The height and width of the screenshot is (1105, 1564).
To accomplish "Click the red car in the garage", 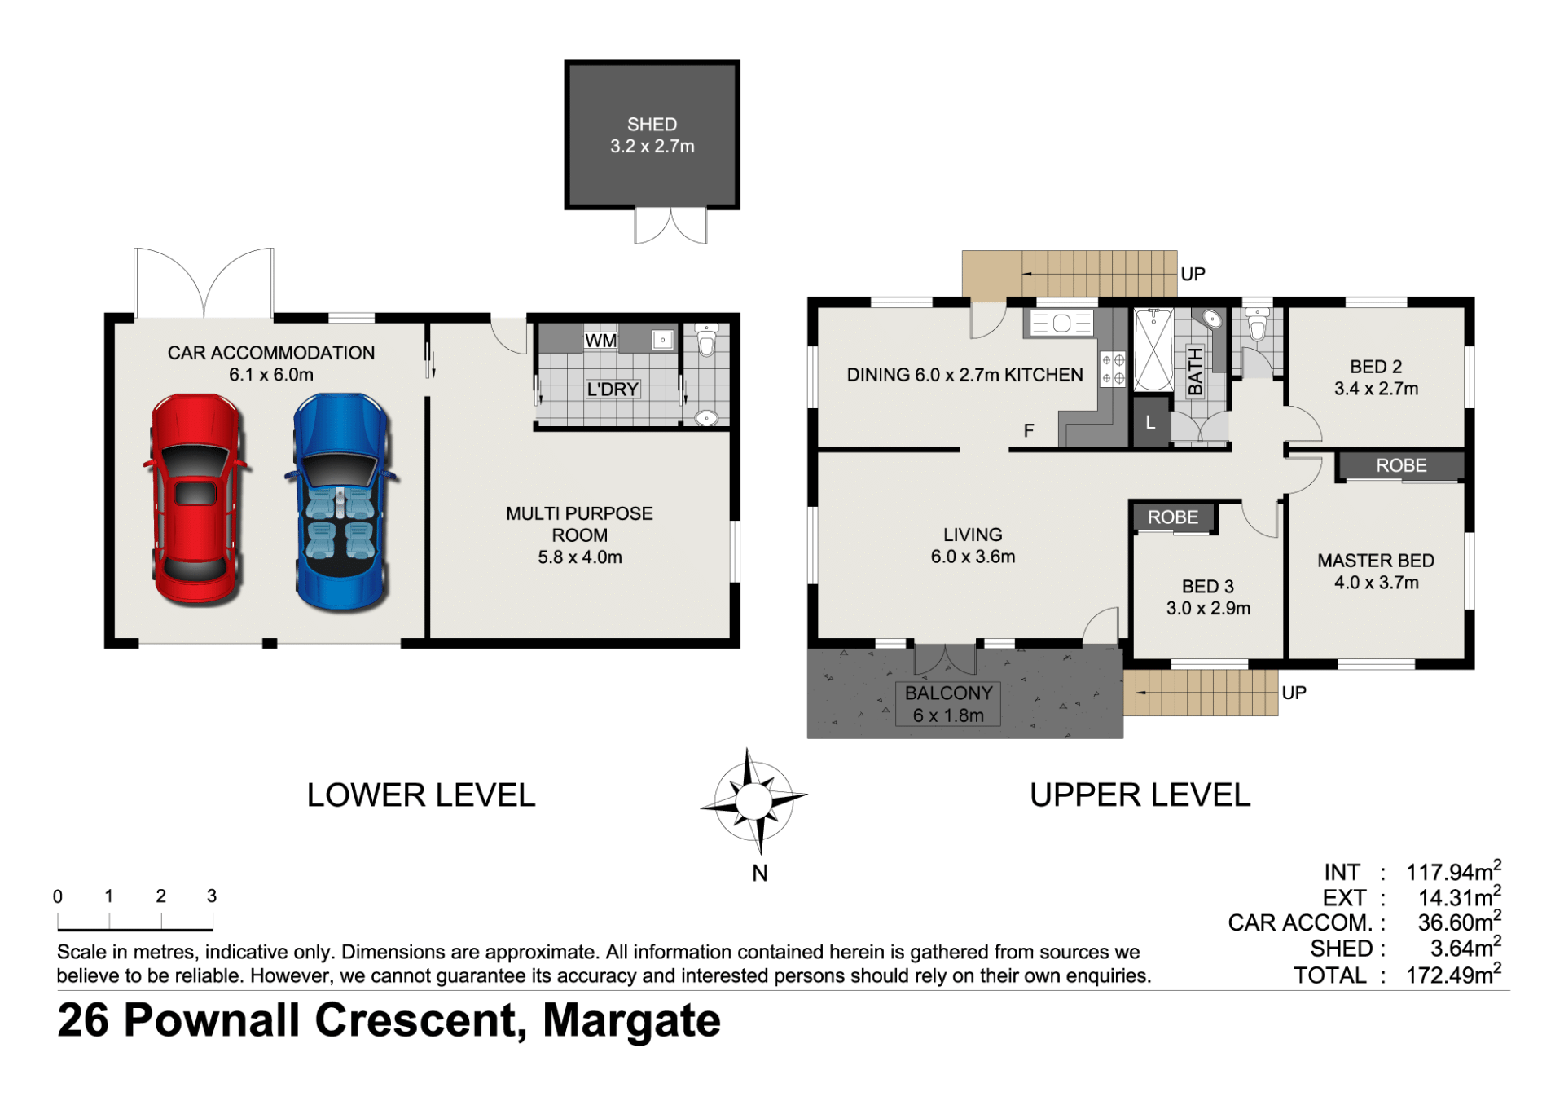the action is point(196,500).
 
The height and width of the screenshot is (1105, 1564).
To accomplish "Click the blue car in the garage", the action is point(341,502).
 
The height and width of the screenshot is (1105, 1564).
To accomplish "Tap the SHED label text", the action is point(652,125).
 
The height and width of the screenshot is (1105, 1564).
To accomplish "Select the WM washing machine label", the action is point(601,341).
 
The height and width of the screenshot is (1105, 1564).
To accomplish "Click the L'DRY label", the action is point(613,390).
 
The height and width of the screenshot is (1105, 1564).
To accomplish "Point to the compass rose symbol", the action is point(753,801).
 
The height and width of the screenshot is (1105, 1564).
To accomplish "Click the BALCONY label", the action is point(949,693).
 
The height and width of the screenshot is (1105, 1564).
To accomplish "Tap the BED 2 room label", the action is point(1376,367).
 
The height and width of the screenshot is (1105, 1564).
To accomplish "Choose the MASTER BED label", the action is point(1376,561).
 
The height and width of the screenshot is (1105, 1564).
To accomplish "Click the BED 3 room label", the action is point(1208,587).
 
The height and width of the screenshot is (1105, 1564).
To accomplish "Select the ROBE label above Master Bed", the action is point(1401,465).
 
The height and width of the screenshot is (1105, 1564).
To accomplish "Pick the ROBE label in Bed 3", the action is point(1173,517).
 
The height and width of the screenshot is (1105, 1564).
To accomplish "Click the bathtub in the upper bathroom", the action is point(1153,350).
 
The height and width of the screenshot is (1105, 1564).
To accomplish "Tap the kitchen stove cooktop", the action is point(1114,369).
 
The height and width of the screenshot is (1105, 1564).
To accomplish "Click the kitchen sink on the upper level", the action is point(1061,324).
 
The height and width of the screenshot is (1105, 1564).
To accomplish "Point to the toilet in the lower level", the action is point(706,340).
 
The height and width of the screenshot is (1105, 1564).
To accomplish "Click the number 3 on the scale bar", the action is point(212,896).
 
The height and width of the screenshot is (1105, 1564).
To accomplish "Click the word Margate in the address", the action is point(631,1020).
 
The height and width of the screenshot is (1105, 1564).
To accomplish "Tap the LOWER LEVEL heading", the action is point(421,795).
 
